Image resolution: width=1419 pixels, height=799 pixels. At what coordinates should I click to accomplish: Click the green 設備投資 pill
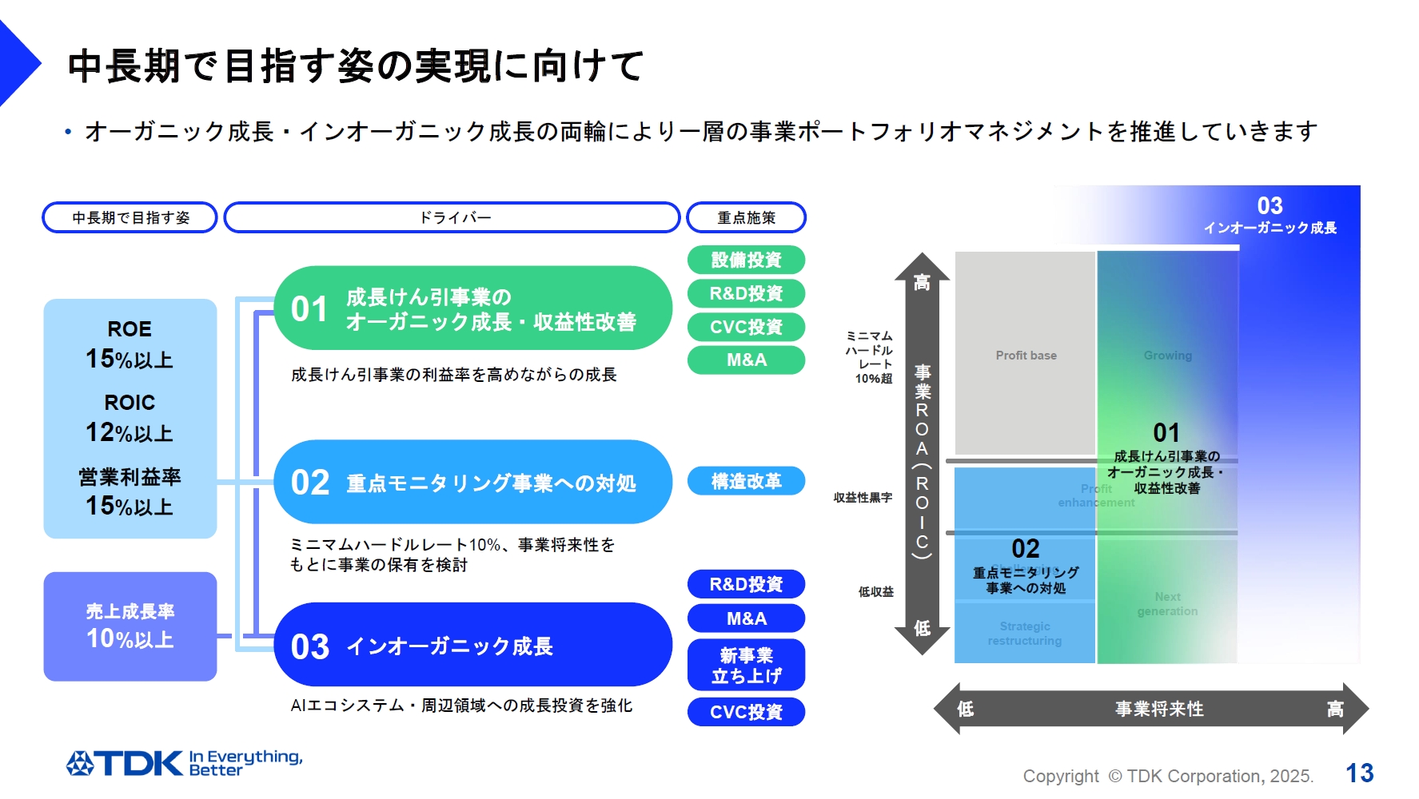pos(746,260)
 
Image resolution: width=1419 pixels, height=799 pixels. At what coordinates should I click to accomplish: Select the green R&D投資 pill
pos(746,293)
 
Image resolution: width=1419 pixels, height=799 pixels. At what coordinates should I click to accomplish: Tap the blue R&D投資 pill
pos(746,584)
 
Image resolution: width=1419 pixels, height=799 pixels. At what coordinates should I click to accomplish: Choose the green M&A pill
pos(746,360)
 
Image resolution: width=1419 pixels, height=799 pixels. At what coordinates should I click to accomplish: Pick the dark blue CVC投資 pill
pos(746,712)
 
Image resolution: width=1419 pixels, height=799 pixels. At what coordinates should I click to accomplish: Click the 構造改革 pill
pos(746,481)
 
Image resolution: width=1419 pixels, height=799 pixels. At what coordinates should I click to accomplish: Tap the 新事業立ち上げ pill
pos(746,665)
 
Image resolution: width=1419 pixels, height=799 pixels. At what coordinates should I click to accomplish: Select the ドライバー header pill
pos(452,217)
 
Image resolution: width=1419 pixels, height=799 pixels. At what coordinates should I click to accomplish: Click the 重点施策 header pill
pos(746,217)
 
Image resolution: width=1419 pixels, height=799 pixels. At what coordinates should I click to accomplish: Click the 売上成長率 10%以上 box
pos(130,626)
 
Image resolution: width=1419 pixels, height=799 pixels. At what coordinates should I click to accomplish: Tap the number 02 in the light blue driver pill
pos(310,483)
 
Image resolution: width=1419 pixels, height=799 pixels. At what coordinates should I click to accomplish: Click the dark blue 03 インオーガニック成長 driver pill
pos(472,645)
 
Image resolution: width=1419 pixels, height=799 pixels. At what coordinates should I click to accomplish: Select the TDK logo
pos(126,763)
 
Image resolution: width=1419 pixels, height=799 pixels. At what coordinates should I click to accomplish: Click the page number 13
pos(1359,773)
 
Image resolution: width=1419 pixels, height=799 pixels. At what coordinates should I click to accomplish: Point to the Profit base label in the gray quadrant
pos(1026,356)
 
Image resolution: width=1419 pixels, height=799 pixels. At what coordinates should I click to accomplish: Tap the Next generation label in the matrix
pos(1167,604)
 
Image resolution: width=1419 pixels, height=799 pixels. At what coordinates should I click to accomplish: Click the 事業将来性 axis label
pos(1159,709)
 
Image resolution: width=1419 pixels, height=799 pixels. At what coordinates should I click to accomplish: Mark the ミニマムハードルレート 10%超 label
pos(870,357)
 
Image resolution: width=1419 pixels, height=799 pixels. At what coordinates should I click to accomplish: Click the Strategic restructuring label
pos(1024,634)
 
